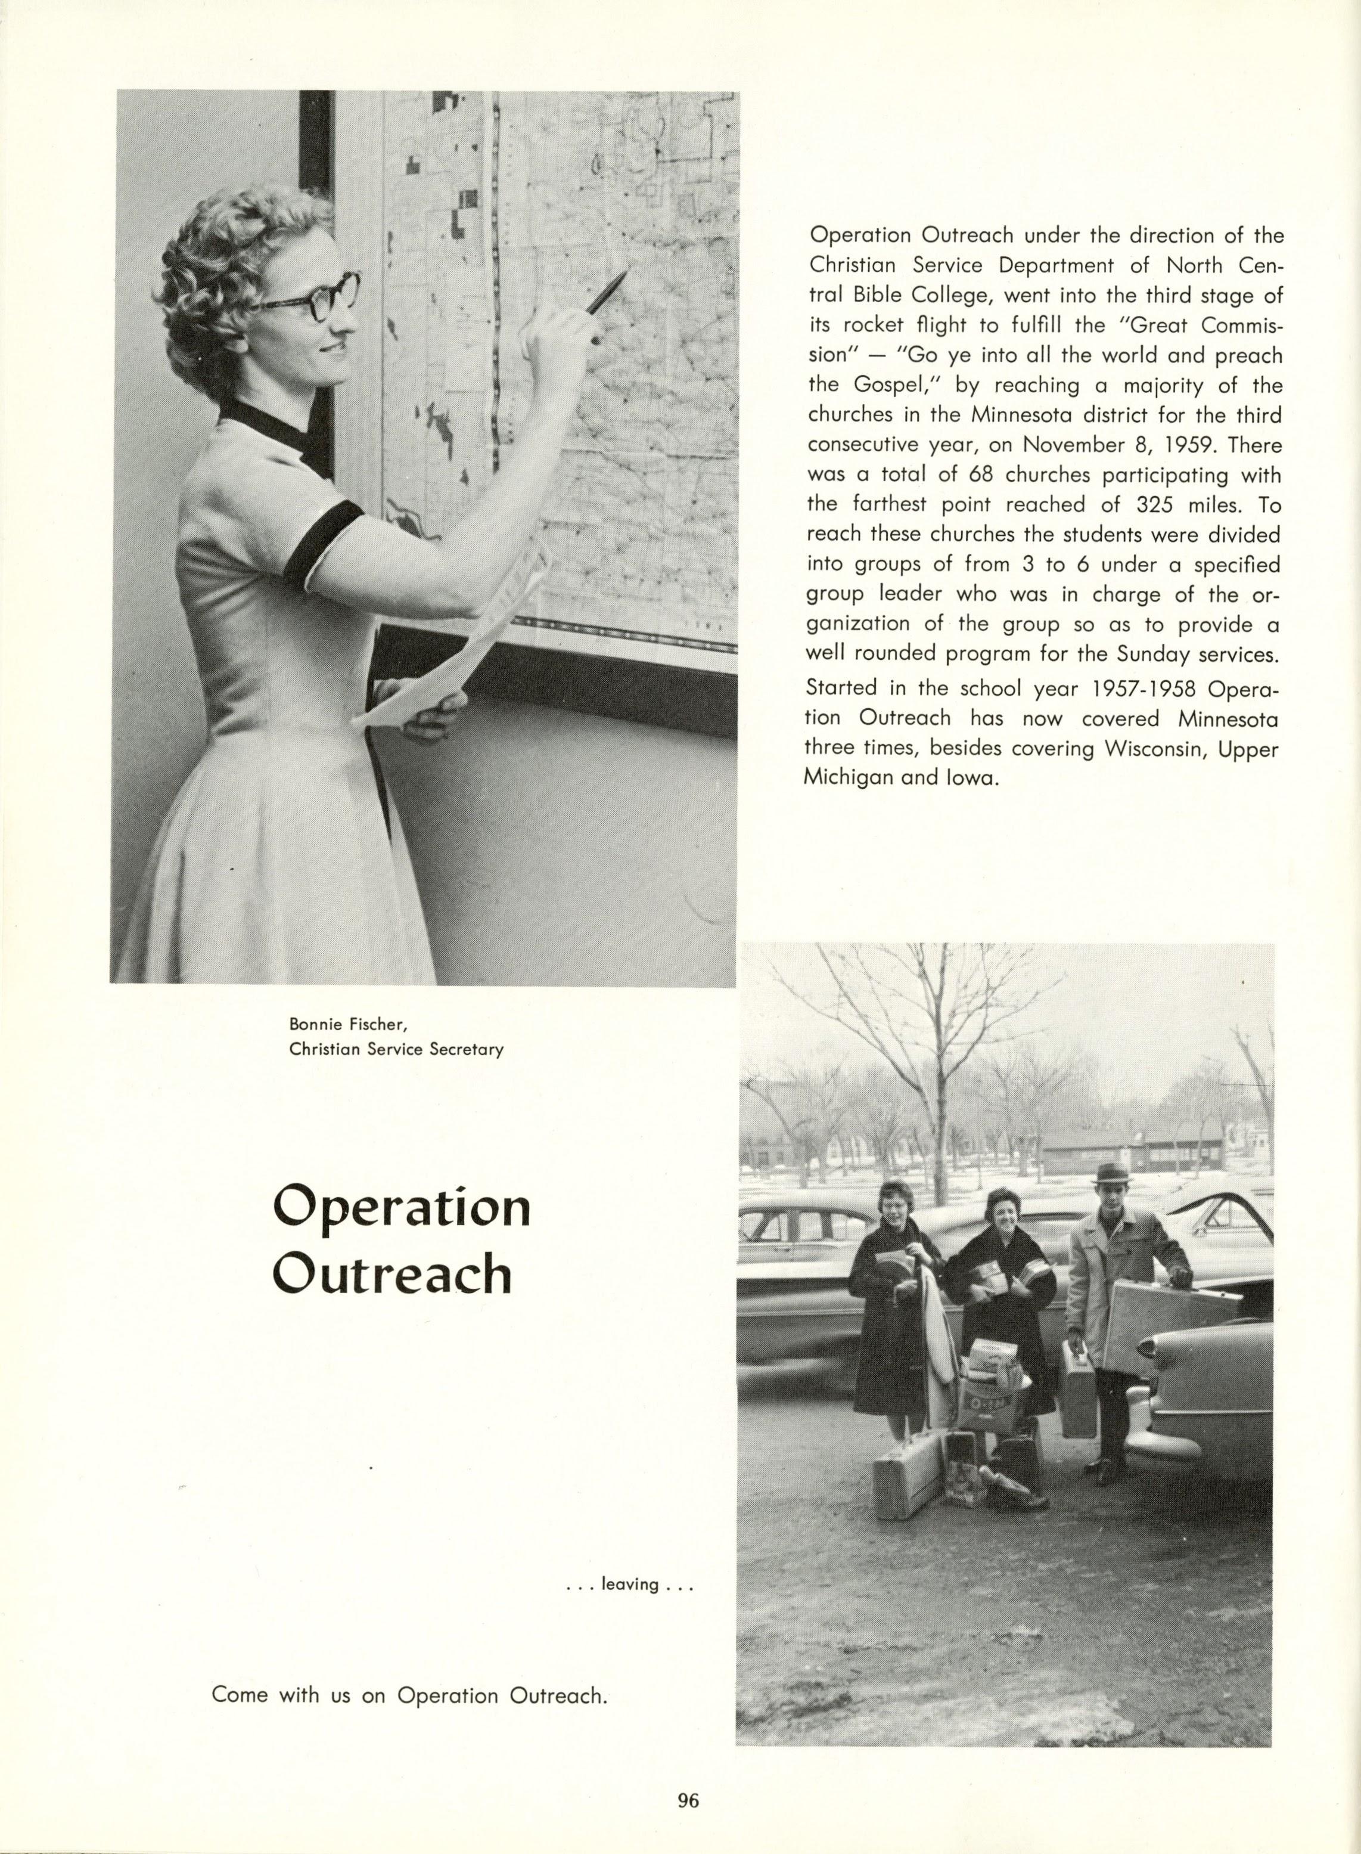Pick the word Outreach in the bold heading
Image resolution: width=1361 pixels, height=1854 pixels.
[x=391, y=1274]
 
